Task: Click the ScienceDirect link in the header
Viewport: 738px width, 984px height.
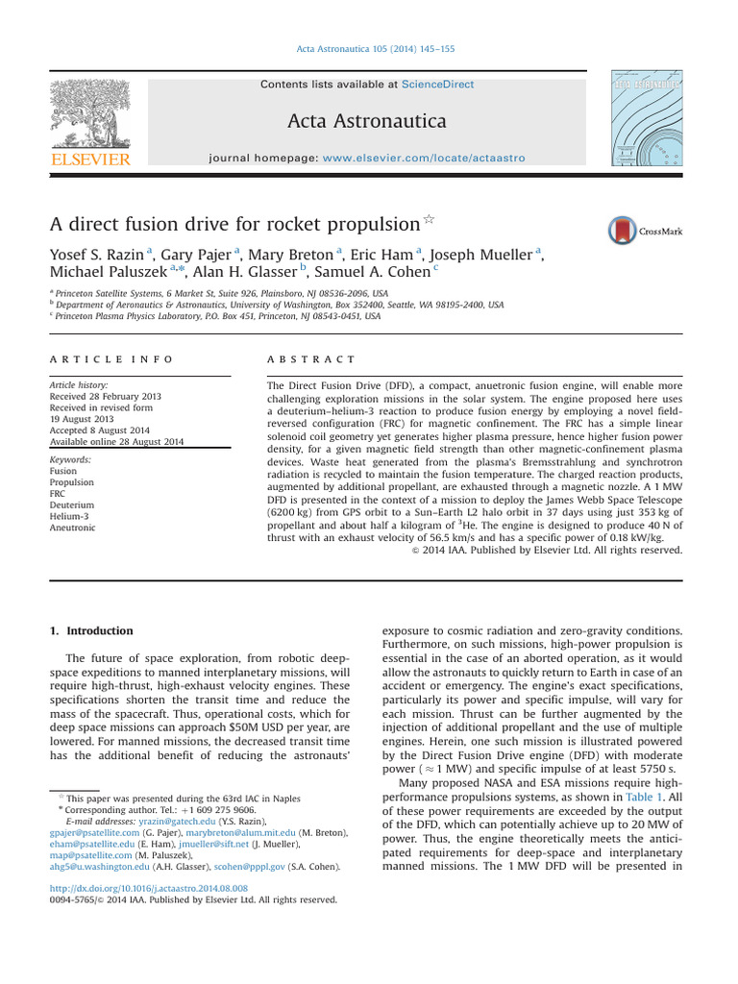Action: click(x=438, y=85)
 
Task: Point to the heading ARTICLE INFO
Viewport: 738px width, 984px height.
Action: click(x=111, y=358)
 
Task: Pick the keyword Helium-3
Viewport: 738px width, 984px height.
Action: click(x=71, y=515)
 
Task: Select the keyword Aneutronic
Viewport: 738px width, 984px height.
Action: click(x=72, y=528)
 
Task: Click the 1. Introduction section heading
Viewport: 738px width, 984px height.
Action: click(x=92, y=631)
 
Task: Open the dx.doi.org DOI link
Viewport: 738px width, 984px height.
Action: click(x=148, y=889)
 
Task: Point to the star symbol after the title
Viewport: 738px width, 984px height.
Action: click(x=429, y=221)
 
